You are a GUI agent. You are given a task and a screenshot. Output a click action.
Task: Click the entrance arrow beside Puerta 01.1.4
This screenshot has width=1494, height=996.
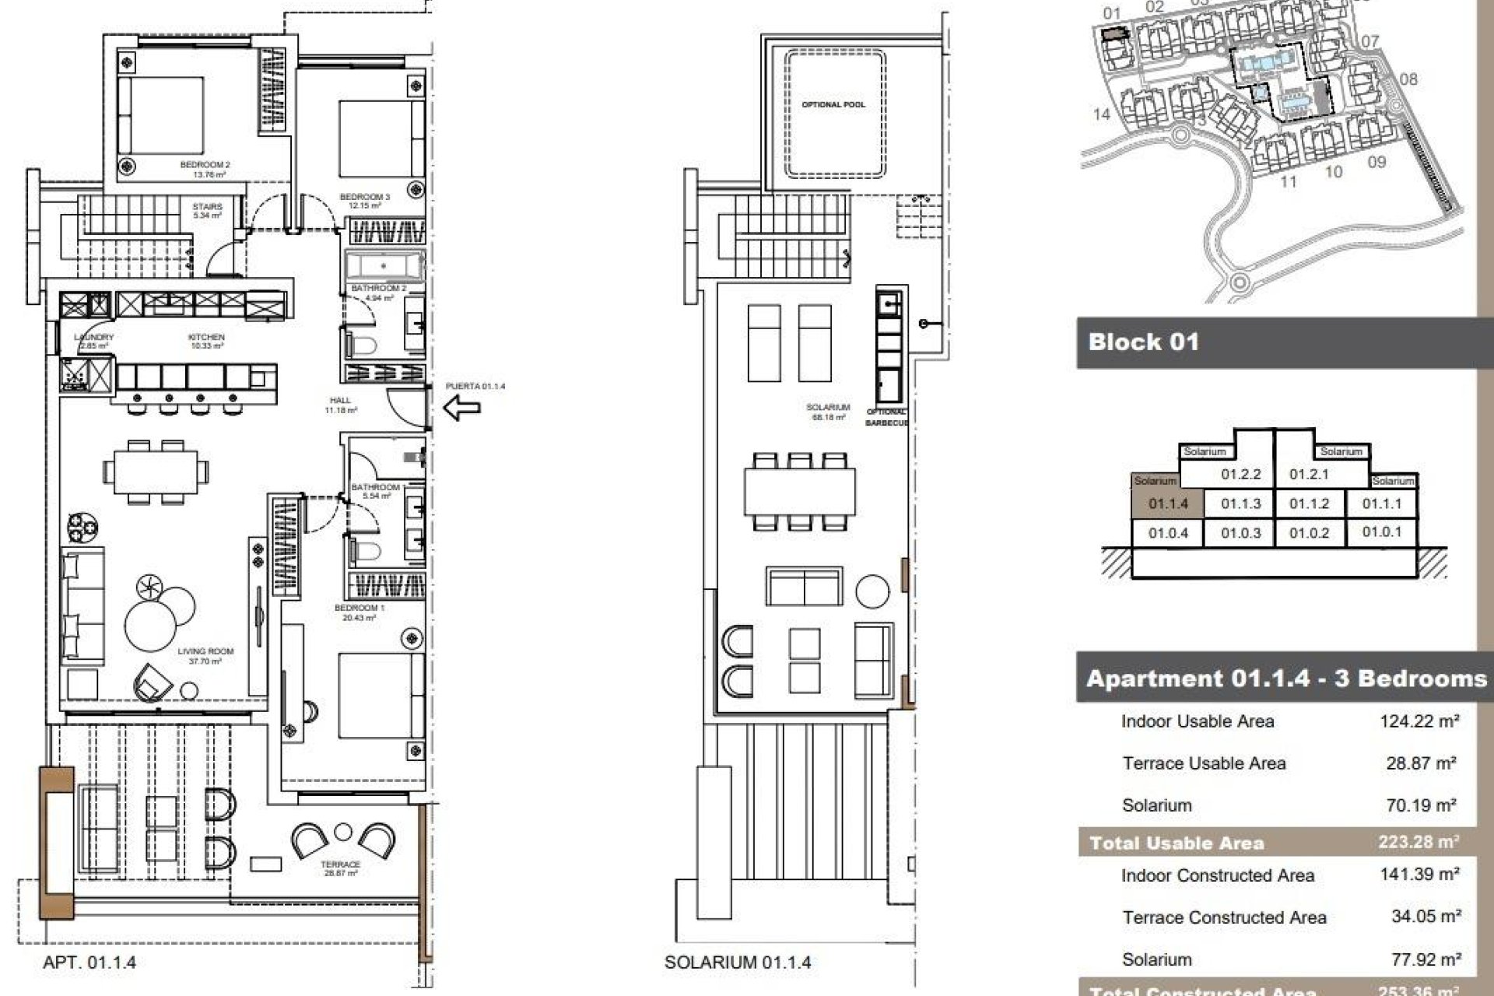(461, 407)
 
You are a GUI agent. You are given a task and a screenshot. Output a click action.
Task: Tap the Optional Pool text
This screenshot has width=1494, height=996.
(833, 104)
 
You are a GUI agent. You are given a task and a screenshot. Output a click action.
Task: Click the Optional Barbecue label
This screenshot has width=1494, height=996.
(886, 417)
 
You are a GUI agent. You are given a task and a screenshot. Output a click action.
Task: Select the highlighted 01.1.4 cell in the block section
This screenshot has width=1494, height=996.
(1168, 503)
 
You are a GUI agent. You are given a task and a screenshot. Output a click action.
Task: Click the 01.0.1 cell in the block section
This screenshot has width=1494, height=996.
(1381, 532)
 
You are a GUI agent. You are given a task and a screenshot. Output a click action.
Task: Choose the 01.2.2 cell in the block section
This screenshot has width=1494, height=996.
(1240, 474)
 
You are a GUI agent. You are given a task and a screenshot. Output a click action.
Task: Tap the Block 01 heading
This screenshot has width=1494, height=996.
(1143, 342)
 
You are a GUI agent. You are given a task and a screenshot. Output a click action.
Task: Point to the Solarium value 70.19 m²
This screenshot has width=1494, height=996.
(1420, 805)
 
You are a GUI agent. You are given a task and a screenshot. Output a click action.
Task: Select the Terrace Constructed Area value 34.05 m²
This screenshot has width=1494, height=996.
(1425, 917)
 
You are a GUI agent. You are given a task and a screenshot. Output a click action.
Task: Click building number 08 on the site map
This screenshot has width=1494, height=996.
(1408, 79)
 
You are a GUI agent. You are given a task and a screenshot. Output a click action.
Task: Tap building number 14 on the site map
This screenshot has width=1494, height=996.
(1101, 114)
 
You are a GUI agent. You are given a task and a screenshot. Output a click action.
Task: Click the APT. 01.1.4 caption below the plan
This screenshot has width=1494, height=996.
(89, 963)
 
